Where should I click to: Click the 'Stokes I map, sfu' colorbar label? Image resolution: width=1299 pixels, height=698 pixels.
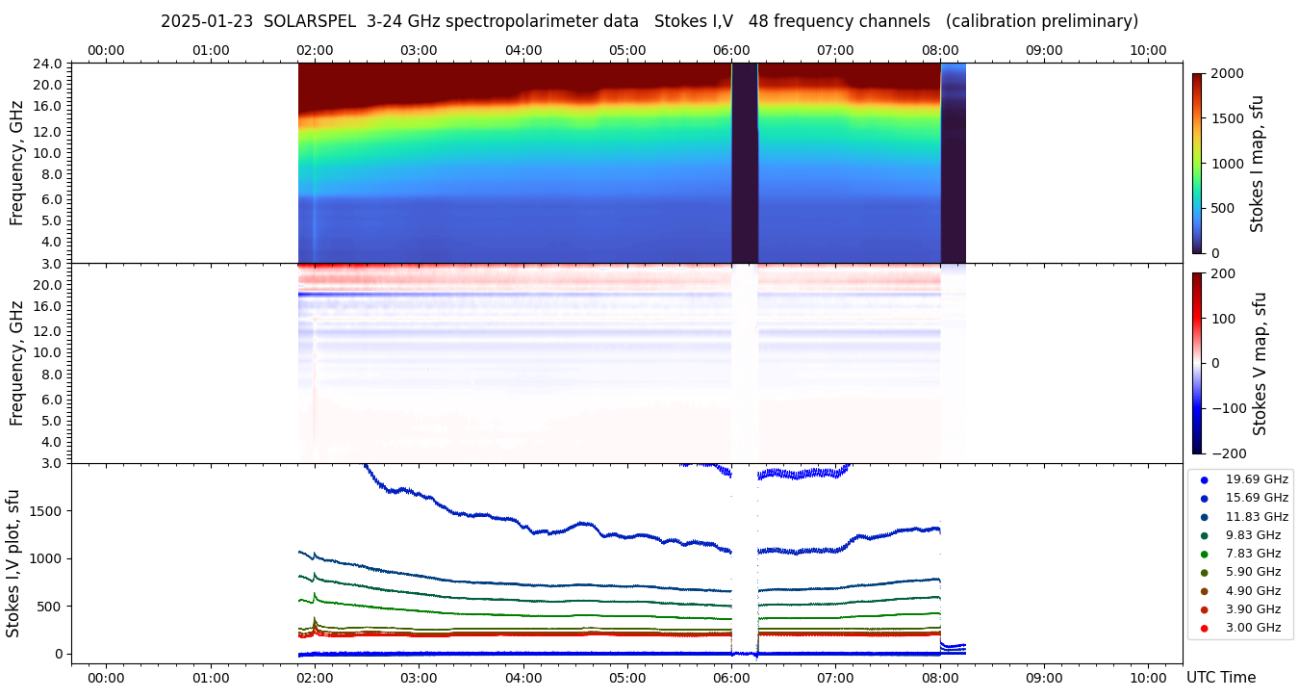click(1257, 164)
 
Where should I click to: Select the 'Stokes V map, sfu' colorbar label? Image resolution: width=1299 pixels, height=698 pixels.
click(1259, 364)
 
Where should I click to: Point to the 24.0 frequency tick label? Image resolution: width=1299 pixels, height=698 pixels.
click(50, 64)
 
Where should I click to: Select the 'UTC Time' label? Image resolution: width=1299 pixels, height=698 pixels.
click(1221, 678)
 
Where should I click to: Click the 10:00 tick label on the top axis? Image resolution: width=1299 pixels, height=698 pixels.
click(1148, 50)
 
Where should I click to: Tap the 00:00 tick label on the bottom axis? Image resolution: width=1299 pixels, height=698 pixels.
click(106, 678)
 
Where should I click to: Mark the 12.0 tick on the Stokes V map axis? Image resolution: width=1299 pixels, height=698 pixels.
click(50, 330)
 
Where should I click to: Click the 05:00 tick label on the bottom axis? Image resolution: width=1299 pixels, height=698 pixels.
click(627, 678)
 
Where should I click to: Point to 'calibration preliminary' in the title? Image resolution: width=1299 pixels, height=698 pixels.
click(1042, 21)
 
